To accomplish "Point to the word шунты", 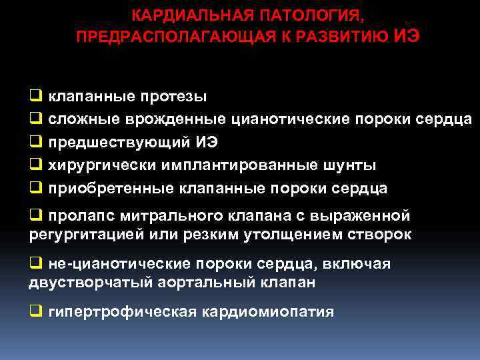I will point(355,165).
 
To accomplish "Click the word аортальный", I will point(190,282).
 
